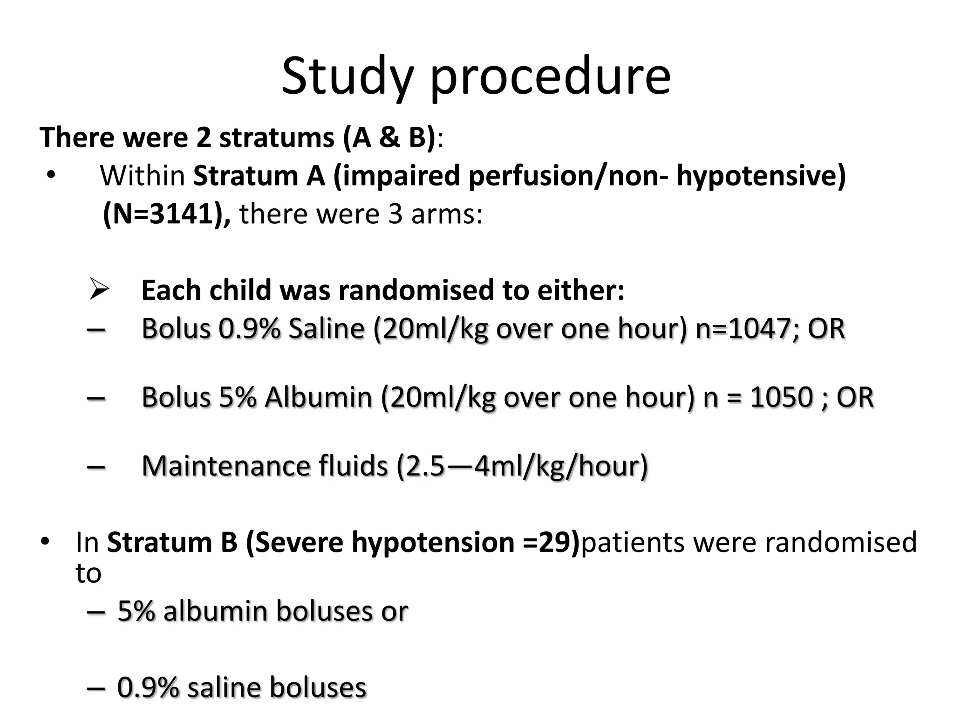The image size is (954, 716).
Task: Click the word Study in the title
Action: [x=347, y=76]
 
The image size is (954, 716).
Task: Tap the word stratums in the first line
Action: [x=277, y=138]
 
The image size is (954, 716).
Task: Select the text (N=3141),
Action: [x=166, y=214]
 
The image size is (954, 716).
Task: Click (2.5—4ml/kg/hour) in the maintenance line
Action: [x=522, y=466]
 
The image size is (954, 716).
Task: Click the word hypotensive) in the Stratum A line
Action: [x=761, y=176]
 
